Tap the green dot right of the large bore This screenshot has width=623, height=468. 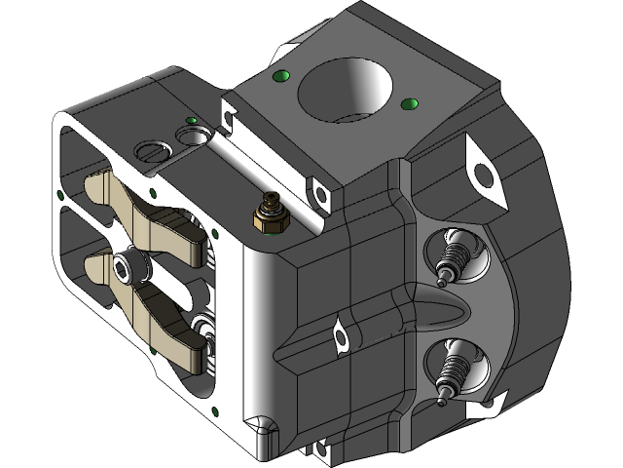tap(407, 101)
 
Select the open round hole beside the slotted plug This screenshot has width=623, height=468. tap(194, 133)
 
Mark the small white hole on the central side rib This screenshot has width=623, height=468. tap(341, 337)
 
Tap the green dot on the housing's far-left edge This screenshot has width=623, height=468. tap(61, 195)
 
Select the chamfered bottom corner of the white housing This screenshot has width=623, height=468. tap(259, 430)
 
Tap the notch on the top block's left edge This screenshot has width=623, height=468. tap(230, 116)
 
